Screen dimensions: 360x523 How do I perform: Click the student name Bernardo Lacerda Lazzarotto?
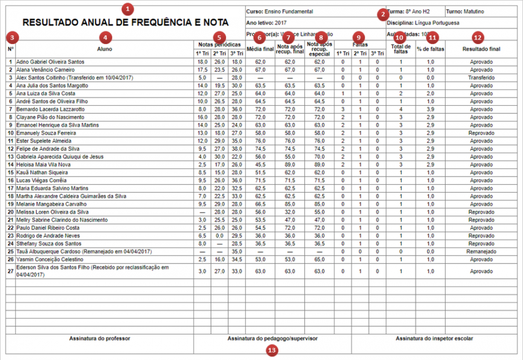pyautogui.click(x=51, y=109)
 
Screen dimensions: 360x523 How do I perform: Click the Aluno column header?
pyautogui.click(x=105, y=49)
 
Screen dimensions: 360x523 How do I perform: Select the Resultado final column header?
pyautogui.click(x=481, y=49)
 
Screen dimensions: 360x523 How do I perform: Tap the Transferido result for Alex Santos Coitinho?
pyautogui.click(x=481, y=77)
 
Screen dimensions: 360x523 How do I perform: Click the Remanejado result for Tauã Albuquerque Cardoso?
pyautogui.click(x=481, y=251)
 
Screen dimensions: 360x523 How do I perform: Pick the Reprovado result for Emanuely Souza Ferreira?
pyautogui.click(x=481, y=133)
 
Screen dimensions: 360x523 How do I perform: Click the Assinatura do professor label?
pyautogui.click(x=99, y=338)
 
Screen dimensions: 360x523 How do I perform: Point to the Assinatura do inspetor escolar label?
pyautogui.click(x=434, y=338)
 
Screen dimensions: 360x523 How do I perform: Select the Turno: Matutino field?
pyautogui.click(x=465, y=12)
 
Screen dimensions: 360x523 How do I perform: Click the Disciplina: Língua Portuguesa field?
pyautogui.click(x=422, y=23)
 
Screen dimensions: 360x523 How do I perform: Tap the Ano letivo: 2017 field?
pyautogui.click(x=267, y=23)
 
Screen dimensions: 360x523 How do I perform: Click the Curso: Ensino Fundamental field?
pyautogui.click(x=280, y=12)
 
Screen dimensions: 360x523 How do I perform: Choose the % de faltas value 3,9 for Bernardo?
pyautogui.click(x=430, y=109)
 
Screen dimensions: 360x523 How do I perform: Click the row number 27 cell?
pyautogui.click(x=10, y=271)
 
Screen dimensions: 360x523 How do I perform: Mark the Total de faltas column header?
pyautogui.click(x=400, y=49)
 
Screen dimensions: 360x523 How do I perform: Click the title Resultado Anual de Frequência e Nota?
pyautogui.click(x=125, y=23)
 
